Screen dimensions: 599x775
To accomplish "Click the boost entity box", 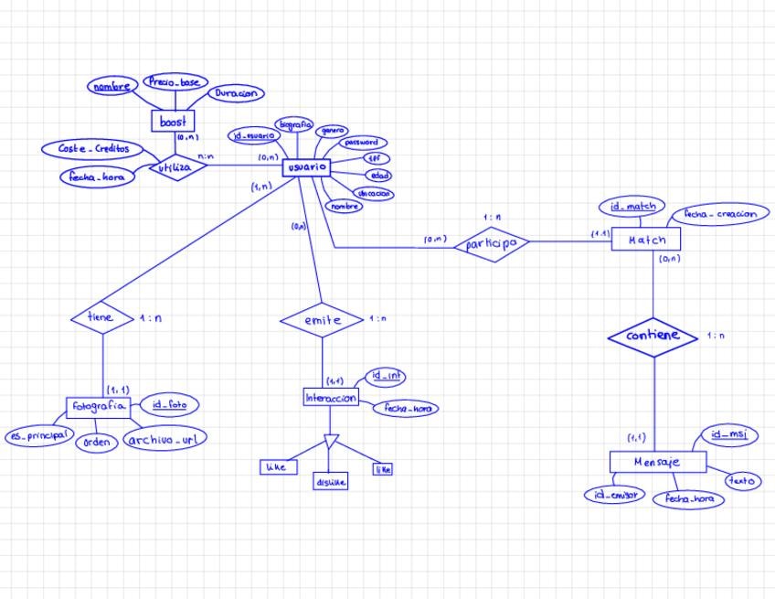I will (x=174, y=121).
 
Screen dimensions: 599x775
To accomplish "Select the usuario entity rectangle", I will (x=305, y=168).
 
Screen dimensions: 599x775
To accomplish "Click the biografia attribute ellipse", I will (x=294, y=124).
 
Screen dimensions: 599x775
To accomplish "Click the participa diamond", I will (x=493, y=243).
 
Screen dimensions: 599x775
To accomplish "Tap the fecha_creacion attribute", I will (x=719, y=214).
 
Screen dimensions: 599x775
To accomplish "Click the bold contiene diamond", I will (x=653, y=337).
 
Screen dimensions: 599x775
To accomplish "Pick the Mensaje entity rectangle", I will (x=657, y=462).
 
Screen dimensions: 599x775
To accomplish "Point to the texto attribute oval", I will (x=741, y=480).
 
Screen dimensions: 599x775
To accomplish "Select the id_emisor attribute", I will (x=614, y=495).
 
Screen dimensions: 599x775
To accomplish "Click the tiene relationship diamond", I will (x=101, y=317).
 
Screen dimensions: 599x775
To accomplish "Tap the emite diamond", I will (x=322, y=320).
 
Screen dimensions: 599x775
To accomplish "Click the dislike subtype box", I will (x=330, y=482).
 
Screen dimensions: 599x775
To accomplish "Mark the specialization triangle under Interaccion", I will (x=331, y=444).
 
